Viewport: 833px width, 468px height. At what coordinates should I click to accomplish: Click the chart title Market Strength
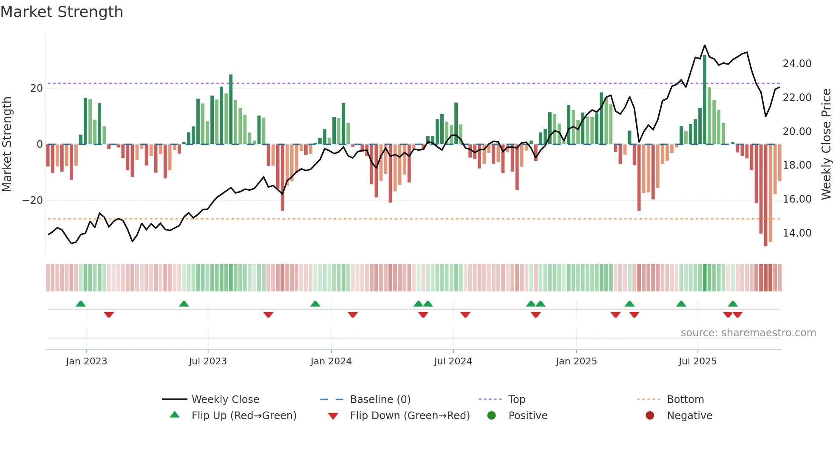click(x=62, y=12)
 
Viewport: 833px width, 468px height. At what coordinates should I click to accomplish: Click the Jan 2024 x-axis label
click(x=331, y=361)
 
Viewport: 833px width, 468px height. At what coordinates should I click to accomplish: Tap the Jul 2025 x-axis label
click(x=697, y=361)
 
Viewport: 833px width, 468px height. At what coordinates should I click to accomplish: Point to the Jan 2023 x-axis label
click(x=87, y=361)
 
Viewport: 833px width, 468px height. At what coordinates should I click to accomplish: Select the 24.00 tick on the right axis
click(x=797, y=64)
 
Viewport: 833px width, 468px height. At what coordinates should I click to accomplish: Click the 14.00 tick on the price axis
click(x=797, y=233)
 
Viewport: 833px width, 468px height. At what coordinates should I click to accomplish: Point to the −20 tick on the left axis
click(x=33, y=200)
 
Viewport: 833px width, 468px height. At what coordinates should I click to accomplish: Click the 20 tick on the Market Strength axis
click(x=37, y=88)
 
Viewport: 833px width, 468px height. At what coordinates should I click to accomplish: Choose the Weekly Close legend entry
click(x=225, y=400)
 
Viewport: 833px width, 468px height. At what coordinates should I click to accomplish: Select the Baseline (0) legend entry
click(x=380, y=400)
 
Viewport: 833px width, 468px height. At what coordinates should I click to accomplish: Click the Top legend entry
click(x=517, y=400)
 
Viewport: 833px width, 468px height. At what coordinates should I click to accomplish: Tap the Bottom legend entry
click(x=685, y=400)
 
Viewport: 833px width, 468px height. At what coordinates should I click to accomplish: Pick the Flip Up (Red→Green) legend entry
click(x=244, y=416)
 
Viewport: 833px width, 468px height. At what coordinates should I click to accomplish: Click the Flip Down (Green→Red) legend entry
click(x=410, y=416)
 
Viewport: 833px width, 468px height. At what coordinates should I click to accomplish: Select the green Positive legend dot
click(x=492, y=416)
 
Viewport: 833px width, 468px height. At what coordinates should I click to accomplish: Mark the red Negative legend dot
click(x=650, y=416)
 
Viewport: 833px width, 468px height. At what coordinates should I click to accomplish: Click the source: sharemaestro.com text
click(x=748, y=333)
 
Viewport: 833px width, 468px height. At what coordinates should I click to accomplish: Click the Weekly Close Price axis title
click(x=826, y=144)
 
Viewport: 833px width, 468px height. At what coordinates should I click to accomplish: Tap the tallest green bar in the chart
click(x=705, y=100)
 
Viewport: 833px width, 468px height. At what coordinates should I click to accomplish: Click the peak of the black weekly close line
click(x=705, y=45)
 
